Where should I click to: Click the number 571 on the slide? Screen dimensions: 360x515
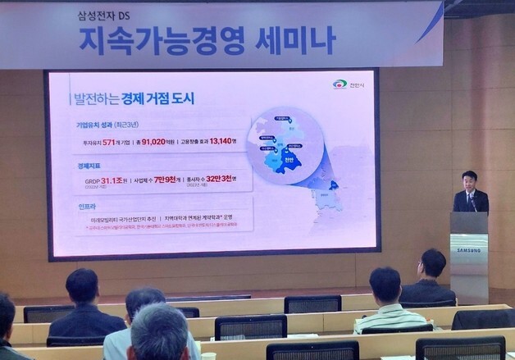pos(113,141)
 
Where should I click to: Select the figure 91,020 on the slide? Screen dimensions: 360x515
pos(165,141)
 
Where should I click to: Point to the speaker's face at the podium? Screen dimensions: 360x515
pos(468,180)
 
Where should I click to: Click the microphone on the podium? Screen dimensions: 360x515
pos(473,201)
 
